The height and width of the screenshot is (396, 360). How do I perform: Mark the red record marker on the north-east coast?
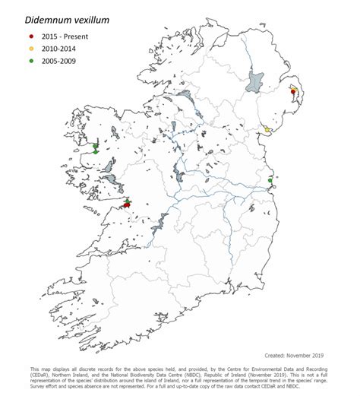[x=293, y=92]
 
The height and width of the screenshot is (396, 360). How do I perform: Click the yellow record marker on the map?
[x=267, y=129]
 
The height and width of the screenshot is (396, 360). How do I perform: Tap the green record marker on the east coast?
[x=271, y=180]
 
